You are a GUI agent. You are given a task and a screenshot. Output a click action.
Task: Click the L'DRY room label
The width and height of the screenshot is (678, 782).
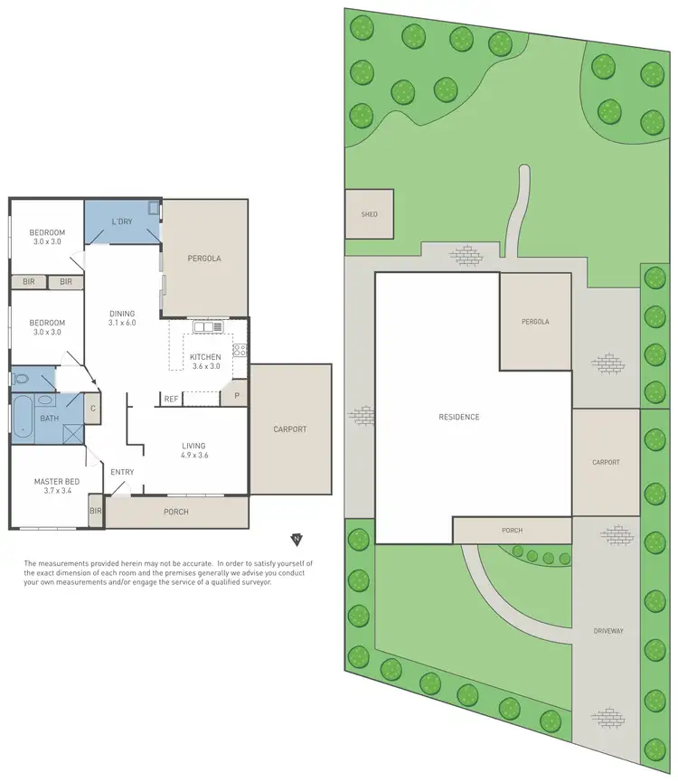tap(123, 221)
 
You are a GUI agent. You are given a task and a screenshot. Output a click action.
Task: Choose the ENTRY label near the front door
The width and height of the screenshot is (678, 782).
tap(122, 472)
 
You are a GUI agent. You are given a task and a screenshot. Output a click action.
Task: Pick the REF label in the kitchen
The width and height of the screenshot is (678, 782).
tap(171, 399)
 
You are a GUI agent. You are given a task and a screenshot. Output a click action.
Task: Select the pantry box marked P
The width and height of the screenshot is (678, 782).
tap(236, 396)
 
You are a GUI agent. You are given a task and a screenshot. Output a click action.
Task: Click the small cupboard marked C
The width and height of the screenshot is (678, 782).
tap(92, 408)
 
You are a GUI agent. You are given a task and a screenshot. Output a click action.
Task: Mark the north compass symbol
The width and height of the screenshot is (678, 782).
tap(296, 540)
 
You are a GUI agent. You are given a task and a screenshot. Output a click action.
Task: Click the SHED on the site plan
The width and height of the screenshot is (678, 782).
tap(369, 214)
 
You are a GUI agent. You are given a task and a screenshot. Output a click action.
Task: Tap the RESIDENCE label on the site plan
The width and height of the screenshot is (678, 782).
tap(459, 417)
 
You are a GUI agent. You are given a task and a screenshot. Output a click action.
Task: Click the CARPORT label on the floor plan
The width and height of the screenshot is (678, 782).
tap(290, 429)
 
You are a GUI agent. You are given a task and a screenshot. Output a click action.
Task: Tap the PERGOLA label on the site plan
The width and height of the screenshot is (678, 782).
tap(534, 322)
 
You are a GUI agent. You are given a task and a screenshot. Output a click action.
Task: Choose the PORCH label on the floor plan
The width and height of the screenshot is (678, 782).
tap(175, 512)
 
